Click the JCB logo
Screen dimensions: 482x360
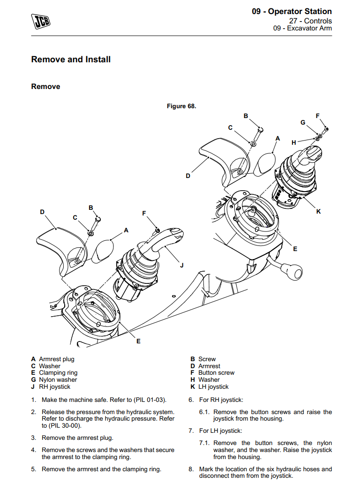tap(41, 21)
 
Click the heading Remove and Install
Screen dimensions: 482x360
tap(71, 59)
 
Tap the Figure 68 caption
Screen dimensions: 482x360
tap(181, 106)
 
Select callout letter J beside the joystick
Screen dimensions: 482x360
tap(182, 266)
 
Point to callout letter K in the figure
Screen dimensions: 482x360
tap(318, 212)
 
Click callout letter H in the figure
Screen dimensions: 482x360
tap(294, 142)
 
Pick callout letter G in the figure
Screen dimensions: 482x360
tap(303, 122)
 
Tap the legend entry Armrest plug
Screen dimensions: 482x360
tap(56, 359)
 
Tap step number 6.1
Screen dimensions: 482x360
tap(204, 412)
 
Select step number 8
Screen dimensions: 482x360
tap(191, 469)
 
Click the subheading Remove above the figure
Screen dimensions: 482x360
tap(45, 87)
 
